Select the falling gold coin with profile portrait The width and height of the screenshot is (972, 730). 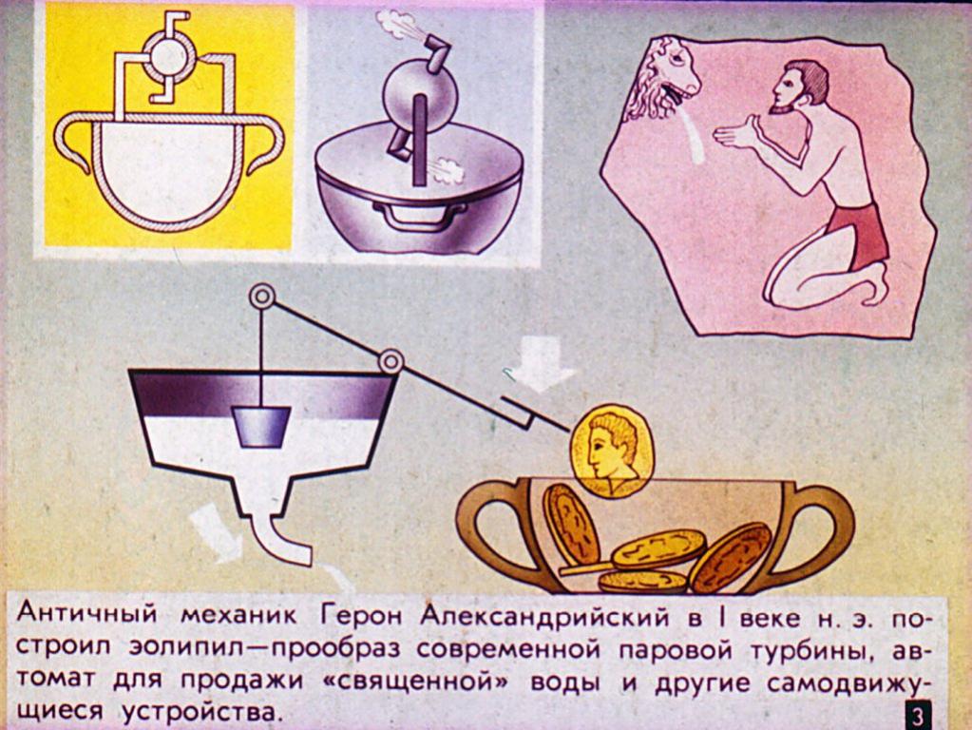[613, 451]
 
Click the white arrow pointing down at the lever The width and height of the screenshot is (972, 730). [541, 364]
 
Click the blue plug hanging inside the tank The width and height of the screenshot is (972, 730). [261, 427]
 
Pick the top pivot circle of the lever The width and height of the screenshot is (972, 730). [261, 297]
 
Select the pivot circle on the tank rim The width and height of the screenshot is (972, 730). [391, 361]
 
